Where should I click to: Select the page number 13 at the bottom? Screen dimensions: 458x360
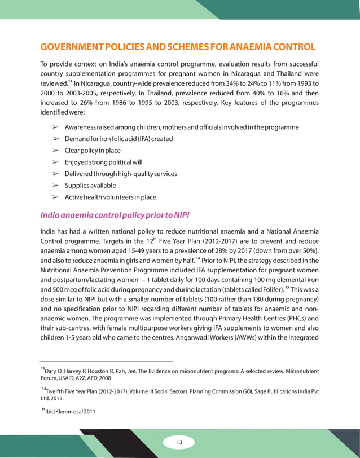pyautogui.click(x=179, y=442)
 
